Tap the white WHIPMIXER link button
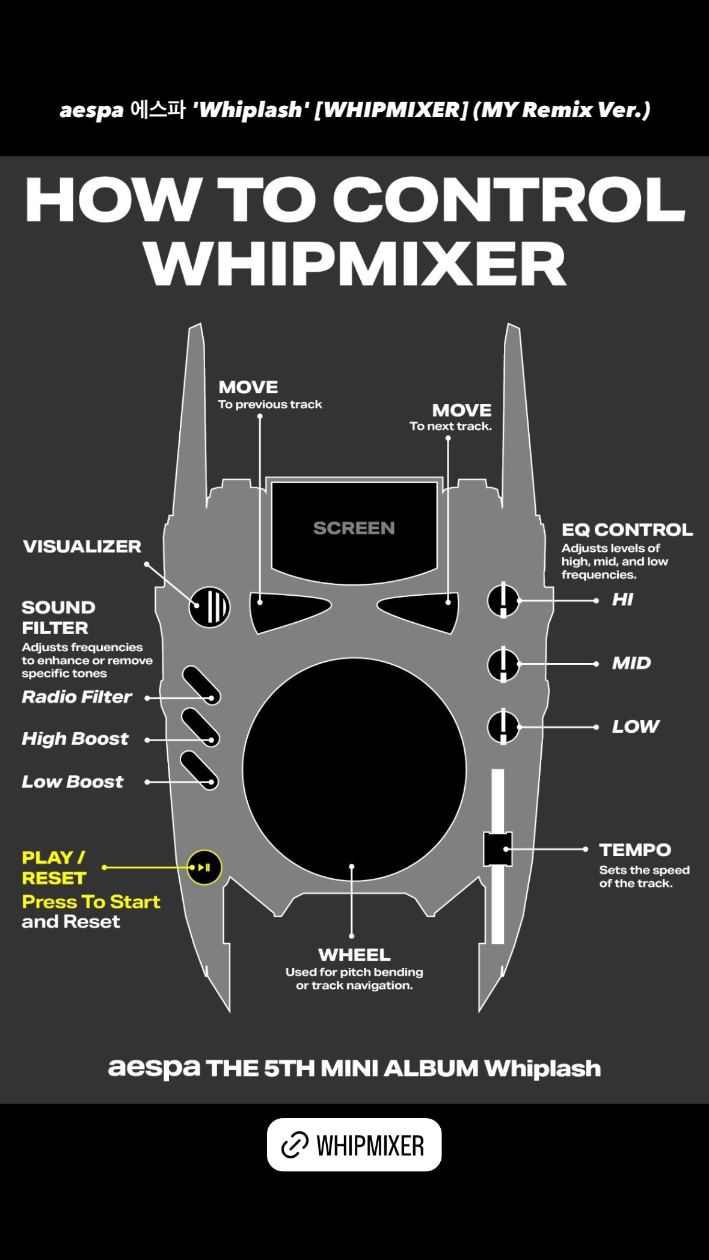point(354,1145)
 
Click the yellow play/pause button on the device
point(204,867)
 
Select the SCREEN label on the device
point(354,528)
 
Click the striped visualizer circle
point(209,607)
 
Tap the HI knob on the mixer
point(503,600)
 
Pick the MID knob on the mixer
point(503,664)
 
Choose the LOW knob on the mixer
point(503,727)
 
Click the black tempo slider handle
point(497,849)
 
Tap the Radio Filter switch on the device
point(201,685)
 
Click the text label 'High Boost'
point(75,739)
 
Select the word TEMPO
point(635,850)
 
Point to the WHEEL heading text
point(354,955)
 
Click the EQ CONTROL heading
point(627,530)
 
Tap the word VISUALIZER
point(82,546)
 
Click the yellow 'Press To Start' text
point(91,902)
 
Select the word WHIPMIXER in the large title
point(355,265)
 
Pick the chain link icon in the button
point(295,1145)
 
